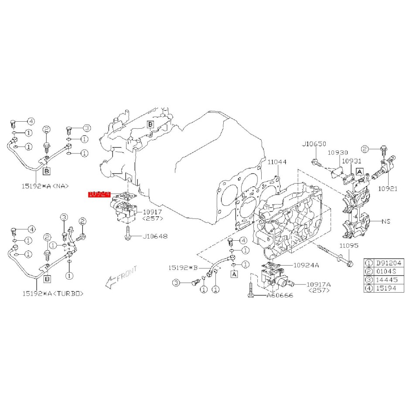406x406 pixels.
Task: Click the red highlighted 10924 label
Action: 98,194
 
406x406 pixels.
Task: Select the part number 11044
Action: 277,162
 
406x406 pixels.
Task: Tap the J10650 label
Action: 314,144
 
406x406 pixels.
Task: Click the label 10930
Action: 338,153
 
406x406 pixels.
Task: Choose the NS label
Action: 386,222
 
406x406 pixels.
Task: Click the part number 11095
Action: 349,246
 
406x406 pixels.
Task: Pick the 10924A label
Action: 306,265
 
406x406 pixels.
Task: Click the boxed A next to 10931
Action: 360,172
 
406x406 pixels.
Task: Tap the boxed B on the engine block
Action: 150,124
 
